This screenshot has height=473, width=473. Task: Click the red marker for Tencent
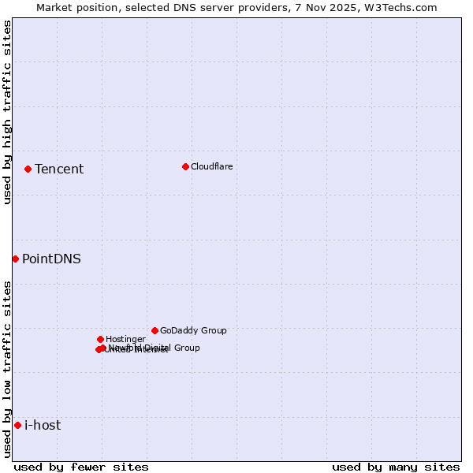[x=28, y=169]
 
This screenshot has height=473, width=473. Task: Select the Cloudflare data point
[x=185, y=166]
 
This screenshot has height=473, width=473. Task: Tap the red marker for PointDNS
[x=15, y=259]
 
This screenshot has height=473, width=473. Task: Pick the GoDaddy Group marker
[x=155, y=330]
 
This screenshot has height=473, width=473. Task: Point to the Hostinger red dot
[x=100, y=339]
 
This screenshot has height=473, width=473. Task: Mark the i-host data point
[x=17, y=425]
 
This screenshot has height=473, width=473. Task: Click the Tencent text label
[x=59, y=169]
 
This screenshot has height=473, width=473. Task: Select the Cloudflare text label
[x=212, y=166]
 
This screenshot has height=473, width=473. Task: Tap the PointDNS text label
[x=51, y=259]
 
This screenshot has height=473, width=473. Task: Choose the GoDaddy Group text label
[x=193, y=330]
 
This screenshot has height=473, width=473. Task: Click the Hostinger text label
[x=126, y=339]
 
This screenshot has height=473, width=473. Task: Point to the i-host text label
[x=43, y=425]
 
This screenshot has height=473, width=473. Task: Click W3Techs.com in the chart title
[x=402, y=7]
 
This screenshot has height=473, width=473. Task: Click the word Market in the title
[x=54, y=7]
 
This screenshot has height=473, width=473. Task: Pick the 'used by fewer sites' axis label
[x=81, y=467]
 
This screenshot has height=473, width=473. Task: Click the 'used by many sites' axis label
[x=396, y=467]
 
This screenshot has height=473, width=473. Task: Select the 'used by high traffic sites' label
[x=7, y=112]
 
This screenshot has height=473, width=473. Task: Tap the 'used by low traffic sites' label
[x=7, y=369]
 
